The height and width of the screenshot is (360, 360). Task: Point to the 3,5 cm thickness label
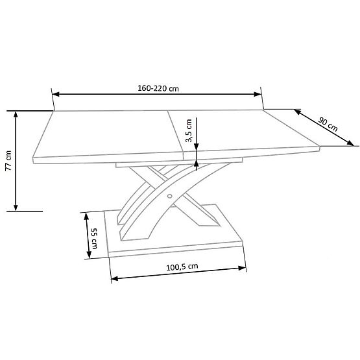[188, 130]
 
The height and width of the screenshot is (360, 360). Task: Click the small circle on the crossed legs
[170, 194]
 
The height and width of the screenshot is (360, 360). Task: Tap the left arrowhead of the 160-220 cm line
[56, 93]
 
